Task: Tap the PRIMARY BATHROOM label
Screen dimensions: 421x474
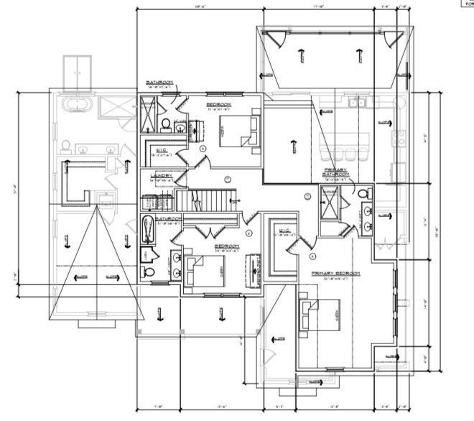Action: point(335,172)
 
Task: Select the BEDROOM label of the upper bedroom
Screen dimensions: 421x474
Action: point(218,104)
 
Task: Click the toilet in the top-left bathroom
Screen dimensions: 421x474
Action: point(165,126)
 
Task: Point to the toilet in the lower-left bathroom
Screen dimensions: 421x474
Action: point(147,274)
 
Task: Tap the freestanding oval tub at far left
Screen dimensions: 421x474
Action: point(77,106)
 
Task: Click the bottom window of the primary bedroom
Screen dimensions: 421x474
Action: point(335,370)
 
